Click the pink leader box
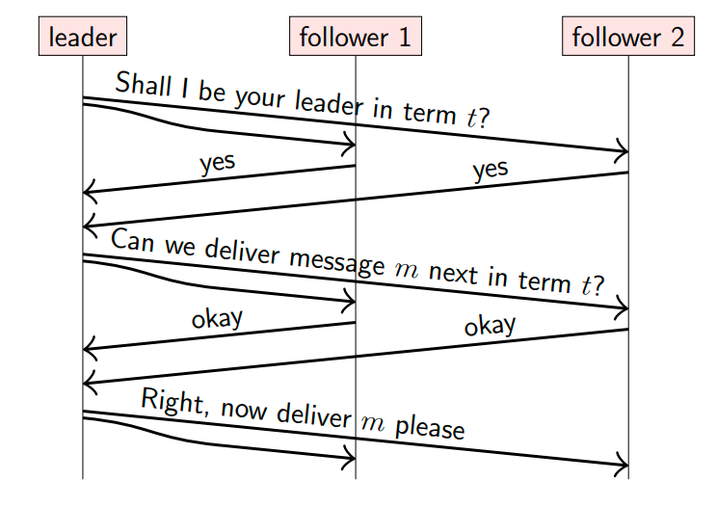click(x=83, y=36)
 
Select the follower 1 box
click(x=356, y=36)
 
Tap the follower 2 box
click(x=628, y=36)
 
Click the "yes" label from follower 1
click(x=218, y=163)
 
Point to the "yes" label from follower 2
click(x=491, y=170)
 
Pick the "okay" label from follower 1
click(x=217, y=319)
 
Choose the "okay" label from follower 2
click(x=490, y=326)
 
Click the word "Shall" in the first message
click(x=144, y=84)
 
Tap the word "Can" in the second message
click(x=133, y=240)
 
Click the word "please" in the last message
click(x=430, y=428)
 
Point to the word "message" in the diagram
click(x=337, y=261)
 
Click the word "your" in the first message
click(x=260, y=98)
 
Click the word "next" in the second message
click(x=453, y=274)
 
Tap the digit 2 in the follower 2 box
click(x=677, y=37)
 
